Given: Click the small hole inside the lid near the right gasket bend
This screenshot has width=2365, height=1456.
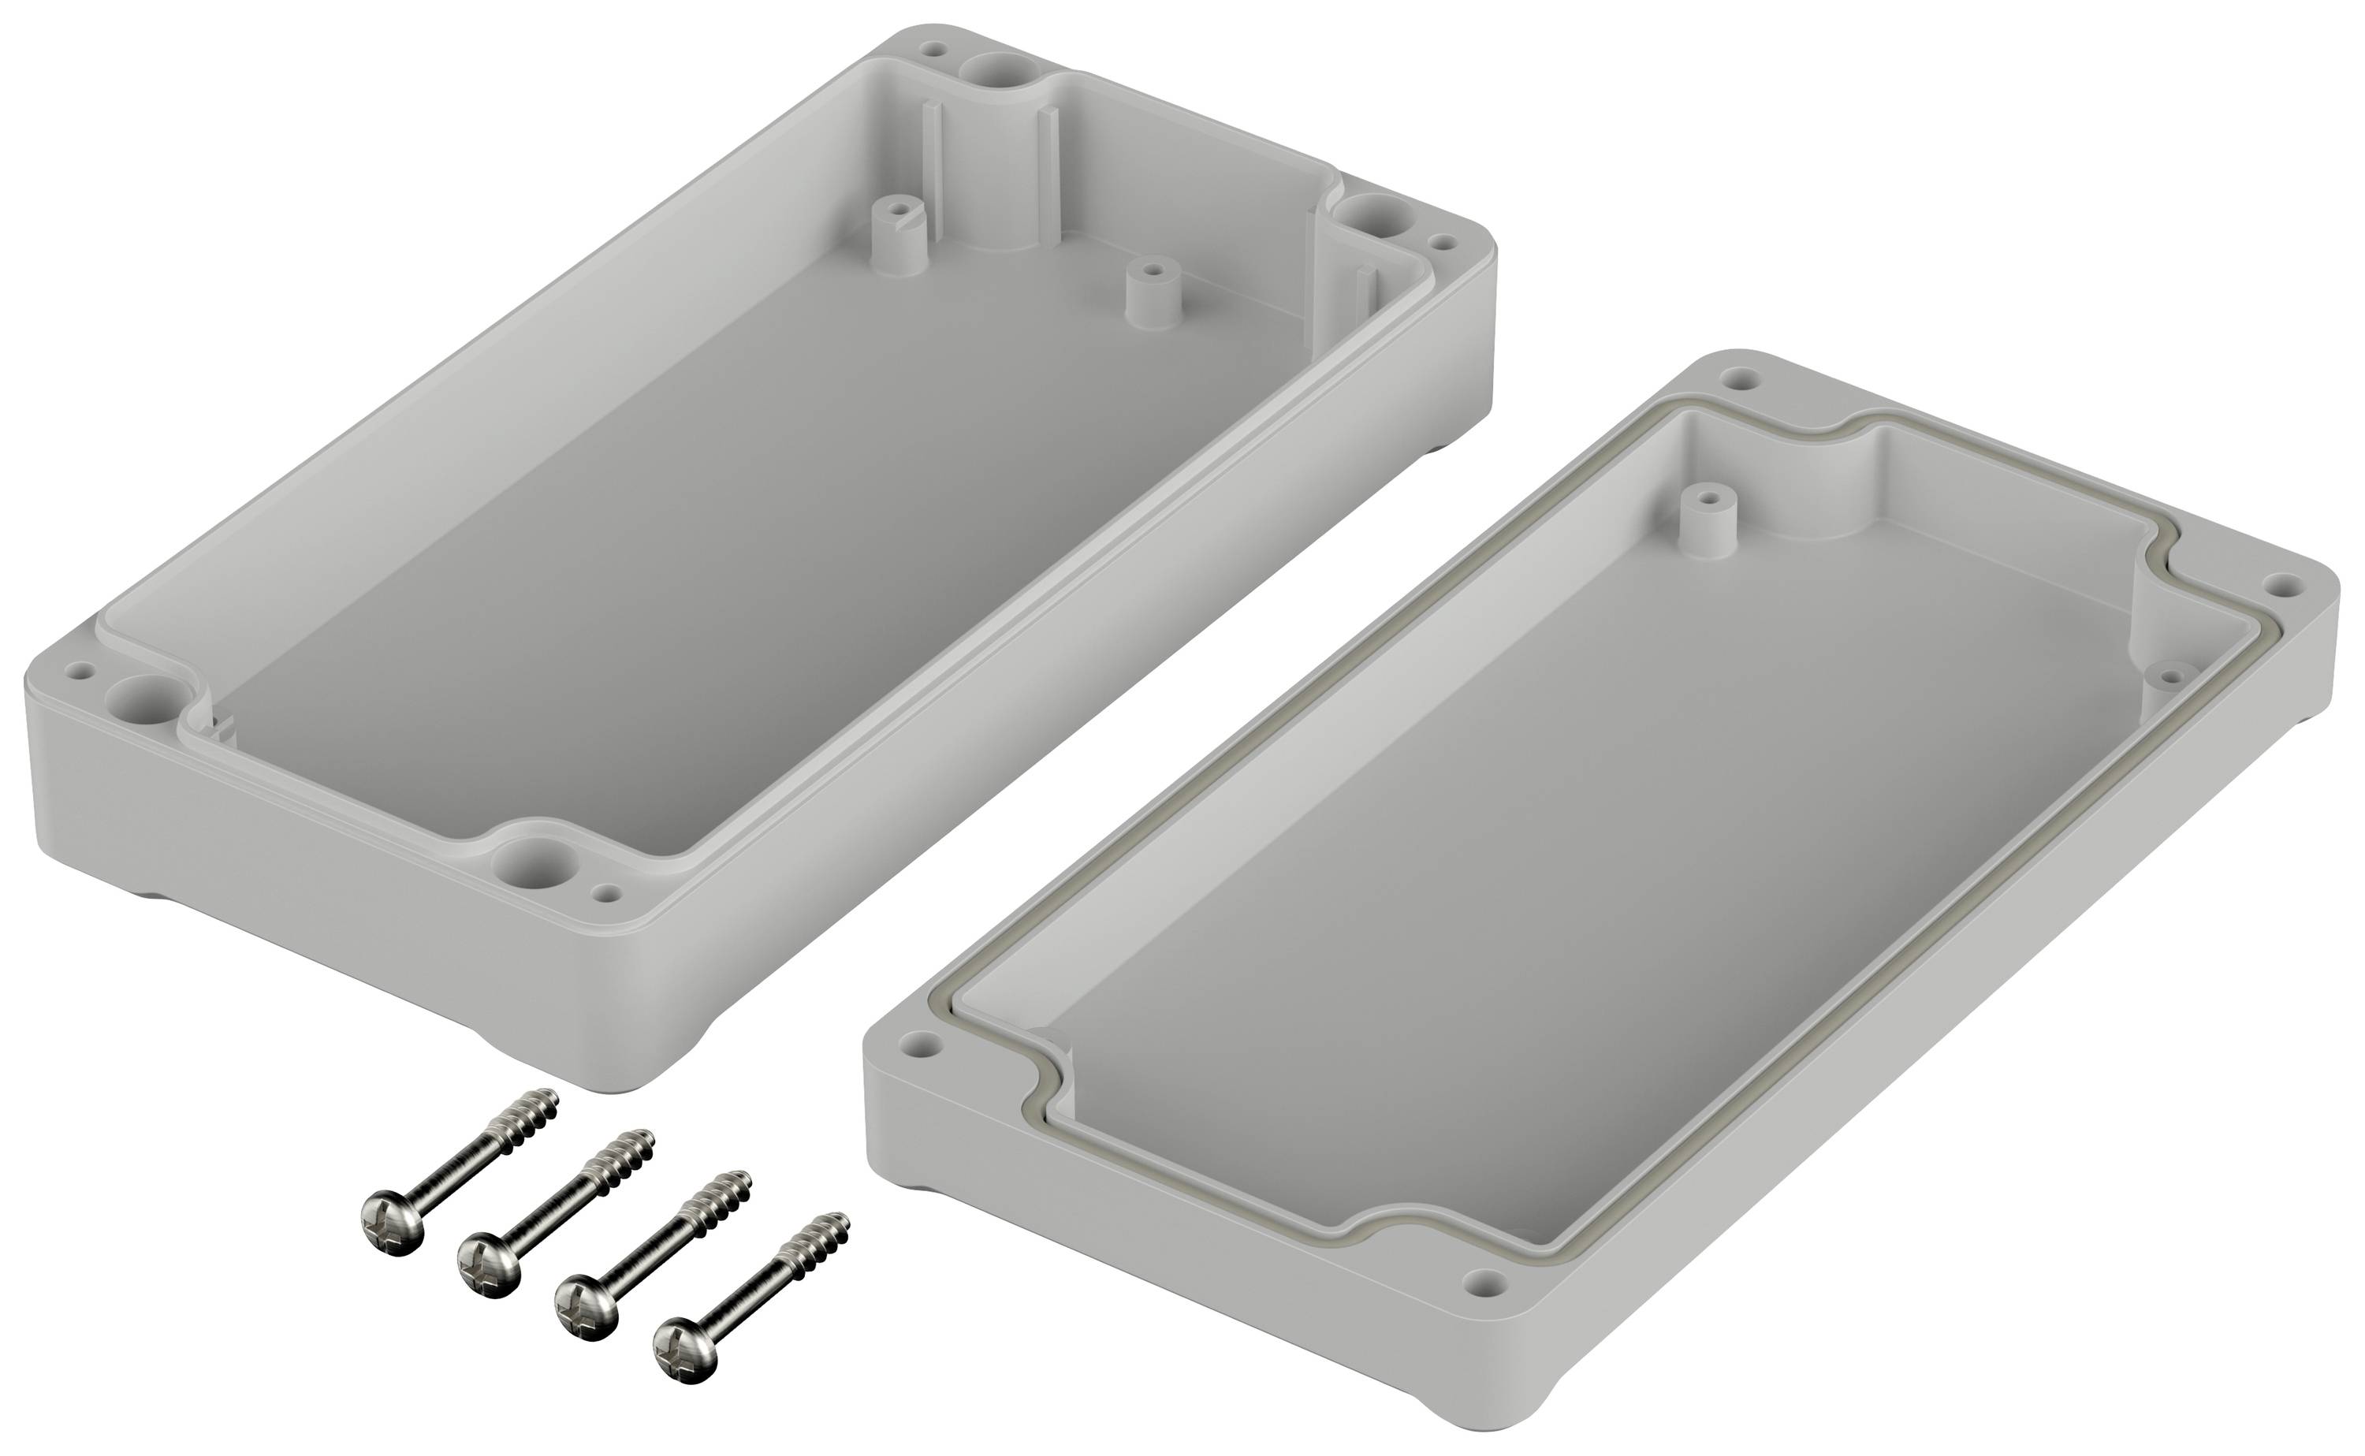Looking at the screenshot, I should pyautogui.click(x=2173, y=672).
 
